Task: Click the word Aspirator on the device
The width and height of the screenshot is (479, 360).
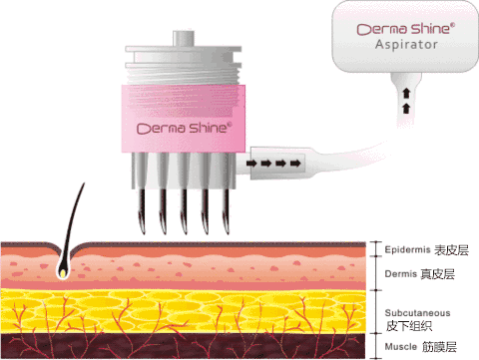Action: [406, 45]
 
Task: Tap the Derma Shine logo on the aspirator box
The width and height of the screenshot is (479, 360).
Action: [406, 29]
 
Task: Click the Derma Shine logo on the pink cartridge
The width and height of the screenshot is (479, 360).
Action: [184, 128]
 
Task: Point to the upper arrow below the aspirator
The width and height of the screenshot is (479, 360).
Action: [406, 94]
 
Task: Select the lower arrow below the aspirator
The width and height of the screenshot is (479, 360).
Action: [406, 108]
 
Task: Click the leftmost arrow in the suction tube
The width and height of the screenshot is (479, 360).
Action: [251, 164]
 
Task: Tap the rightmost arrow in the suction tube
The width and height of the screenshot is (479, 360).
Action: [295, 164]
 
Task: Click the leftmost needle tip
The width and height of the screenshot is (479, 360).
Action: [143, 232]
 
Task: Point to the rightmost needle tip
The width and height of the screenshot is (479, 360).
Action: [228, 232]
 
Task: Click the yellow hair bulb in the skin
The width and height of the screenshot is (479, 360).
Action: [63, 273]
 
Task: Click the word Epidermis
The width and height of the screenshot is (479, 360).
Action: [407, 249]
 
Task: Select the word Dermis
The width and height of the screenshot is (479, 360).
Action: [401, 274]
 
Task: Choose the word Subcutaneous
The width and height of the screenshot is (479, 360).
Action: [417, 313]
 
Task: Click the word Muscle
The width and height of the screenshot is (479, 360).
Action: [401, 347]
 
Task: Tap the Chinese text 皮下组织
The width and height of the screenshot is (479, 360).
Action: [409, 326]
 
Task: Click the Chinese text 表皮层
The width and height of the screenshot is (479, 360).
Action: [451, 250]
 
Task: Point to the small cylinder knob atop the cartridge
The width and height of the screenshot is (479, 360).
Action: [184, 38]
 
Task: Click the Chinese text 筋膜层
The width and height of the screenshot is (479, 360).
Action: [439, 347]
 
